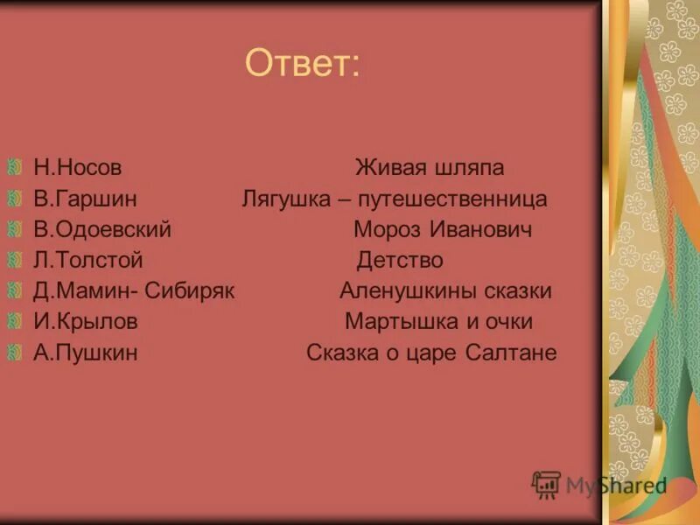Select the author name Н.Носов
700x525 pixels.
pos(78,168)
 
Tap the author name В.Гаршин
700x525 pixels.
pos(85,199)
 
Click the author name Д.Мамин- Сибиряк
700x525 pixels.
pos(134,291)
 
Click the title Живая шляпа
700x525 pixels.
pos(430,168)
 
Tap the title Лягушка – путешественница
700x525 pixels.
pos(395,199)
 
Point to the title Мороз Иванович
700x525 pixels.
pos(443,230)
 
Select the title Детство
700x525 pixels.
pos(400,261)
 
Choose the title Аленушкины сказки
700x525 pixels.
pos(445,291)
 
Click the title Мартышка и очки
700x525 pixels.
pos(438,322)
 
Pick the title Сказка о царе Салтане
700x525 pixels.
pos(431,353)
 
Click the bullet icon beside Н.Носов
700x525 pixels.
pos(15,166)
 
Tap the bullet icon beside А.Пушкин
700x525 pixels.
pos(15,352)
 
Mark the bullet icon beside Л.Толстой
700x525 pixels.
pos(15,259)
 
